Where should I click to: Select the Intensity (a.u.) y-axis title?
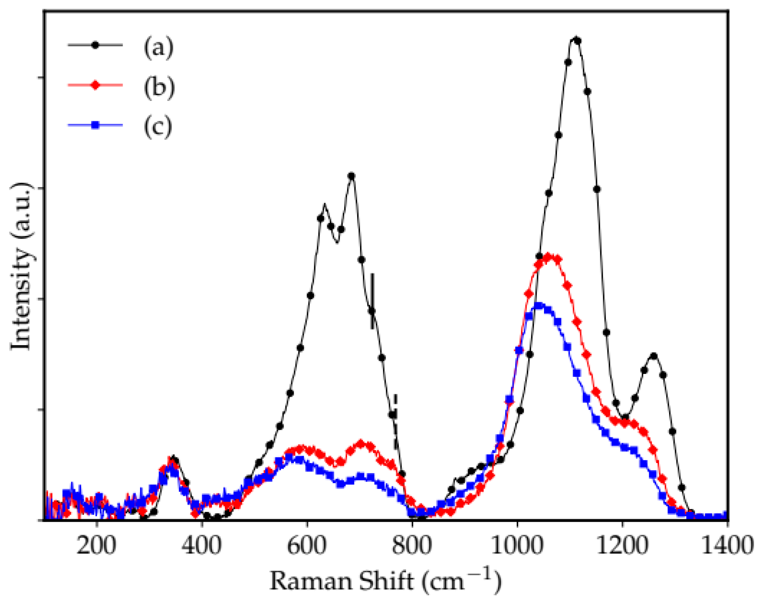point(21,267)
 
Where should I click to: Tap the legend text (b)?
point(159,87)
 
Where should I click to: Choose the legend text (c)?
point(158,126)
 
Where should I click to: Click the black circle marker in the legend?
point(95,45)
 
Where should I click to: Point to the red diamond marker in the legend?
point(95,85)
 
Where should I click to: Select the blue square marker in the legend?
point(95,125)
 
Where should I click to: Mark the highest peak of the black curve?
point(576,40)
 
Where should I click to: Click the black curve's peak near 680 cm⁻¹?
point(351,176)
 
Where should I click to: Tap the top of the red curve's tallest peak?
point(549,256)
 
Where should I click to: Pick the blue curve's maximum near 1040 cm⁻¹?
point(539,305)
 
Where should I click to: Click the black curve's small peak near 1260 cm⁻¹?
point(653,356)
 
